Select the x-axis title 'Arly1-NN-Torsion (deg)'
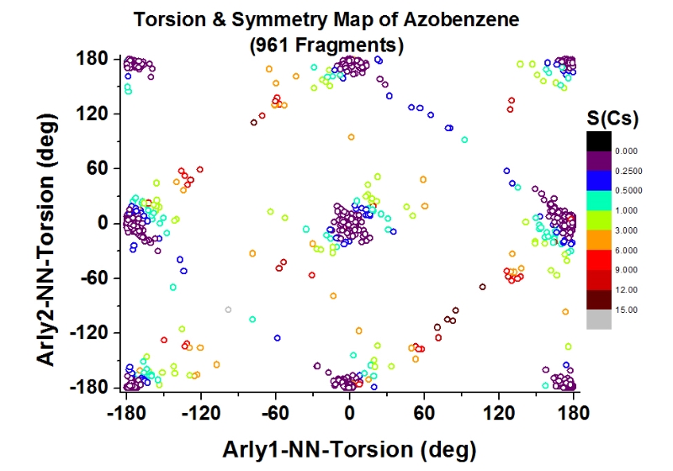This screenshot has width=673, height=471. (x=349, y=448)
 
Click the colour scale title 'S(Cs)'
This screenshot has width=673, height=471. (x=611, y=119)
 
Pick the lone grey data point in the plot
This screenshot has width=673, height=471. (x=228, y=310)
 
